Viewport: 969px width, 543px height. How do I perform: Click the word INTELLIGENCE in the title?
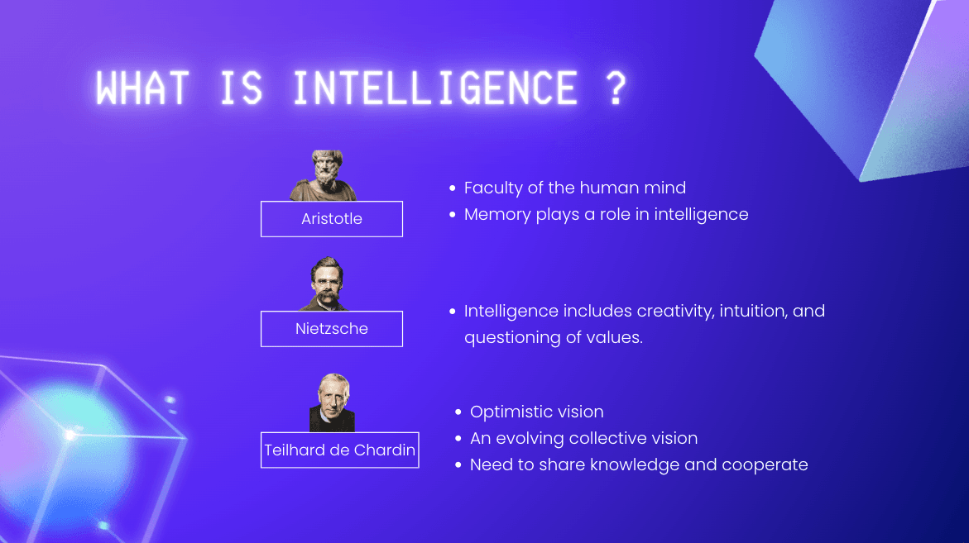click(x=435, y=88)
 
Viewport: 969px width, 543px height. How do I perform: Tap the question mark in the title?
click(x=616, y=88)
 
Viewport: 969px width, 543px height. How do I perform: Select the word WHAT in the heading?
click(x=142, y=88)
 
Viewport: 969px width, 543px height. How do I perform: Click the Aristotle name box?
click(x=332, y=219)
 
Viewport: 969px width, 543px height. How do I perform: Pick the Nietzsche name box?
click(x=332, y=329)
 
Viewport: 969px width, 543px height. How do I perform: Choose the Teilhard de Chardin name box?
click(x=340, y=450)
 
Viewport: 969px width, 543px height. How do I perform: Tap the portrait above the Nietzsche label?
click(x=326, y=283)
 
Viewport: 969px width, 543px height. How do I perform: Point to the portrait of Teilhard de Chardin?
click(x=333, y=403)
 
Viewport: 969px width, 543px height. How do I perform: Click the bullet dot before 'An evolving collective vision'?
click(x=458, y=438)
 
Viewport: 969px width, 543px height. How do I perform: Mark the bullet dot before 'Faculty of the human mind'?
click(x=453, y=188)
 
